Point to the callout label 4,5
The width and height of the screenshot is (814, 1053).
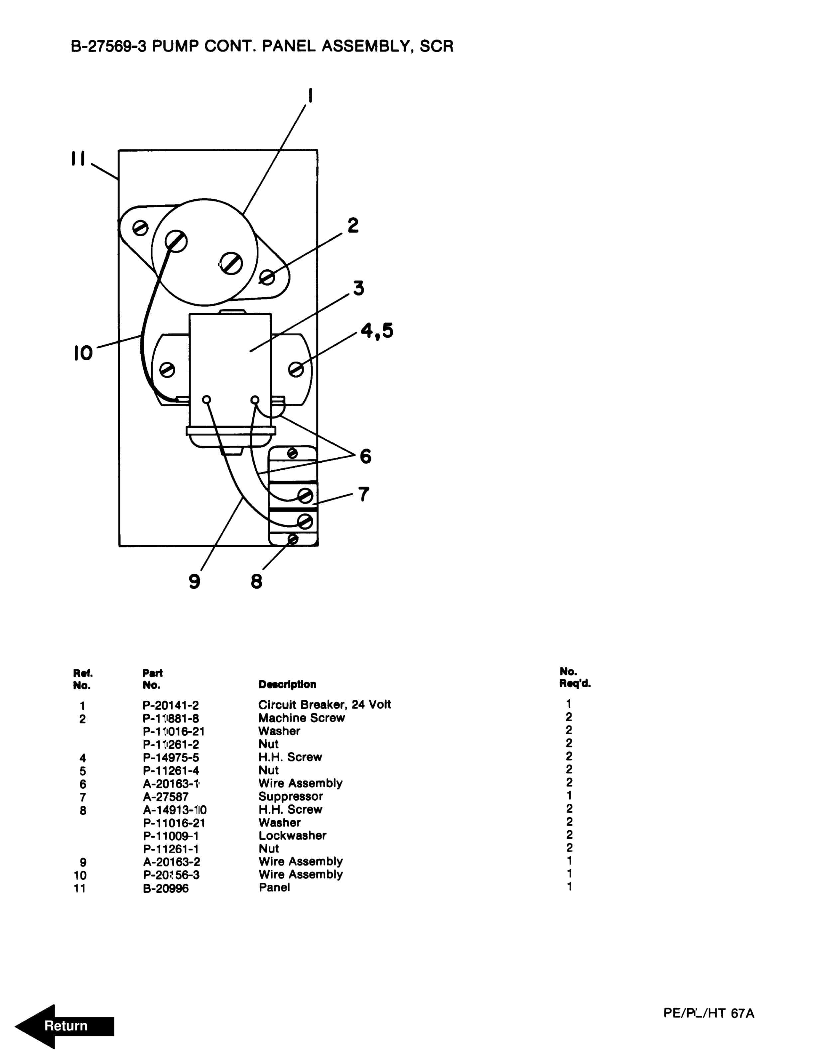tap(377, 331)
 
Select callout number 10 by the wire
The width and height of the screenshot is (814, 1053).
tap(83, 353)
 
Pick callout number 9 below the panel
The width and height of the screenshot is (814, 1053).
tap(194, 581)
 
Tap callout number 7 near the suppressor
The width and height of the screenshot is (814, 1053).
tap(363, 494)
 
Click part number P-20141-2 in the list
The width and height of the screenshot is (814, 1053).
tap(171, 705)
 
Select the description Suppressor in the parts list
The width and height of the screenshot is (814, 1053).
tap(290, 796)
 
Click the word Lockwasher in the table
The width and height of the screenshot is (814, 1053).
tap(292, 836)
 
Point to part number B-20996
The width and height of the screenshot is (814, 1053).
tap(165, 888)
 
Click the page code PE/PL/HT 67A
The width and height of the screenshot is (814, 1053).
tap(708, 1013)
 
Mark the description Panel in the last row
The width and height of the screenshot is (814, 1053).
tap(274, 887)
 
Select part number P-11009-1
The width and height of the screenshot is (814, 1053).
tap(171, 836)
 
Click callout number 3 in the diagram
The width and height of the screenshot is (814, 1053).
tap(358, 288)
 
